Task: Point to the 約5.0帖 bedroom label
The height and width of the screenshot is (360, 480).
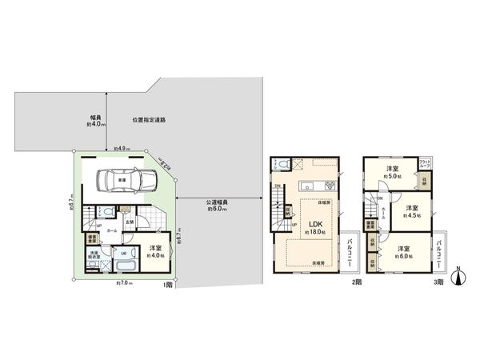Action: tap(392, 173)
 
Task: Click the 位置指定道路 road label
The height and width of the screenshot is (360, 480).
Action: tap(150, 121)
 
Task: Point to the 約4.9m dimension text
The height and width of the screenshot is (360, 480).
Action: tap(122, 149)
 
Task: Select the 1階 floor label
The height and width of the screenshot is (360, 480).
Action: tap(169, 286)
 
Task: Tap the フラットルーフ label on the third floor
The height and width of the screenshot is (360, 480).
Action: tap(425, 166)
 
